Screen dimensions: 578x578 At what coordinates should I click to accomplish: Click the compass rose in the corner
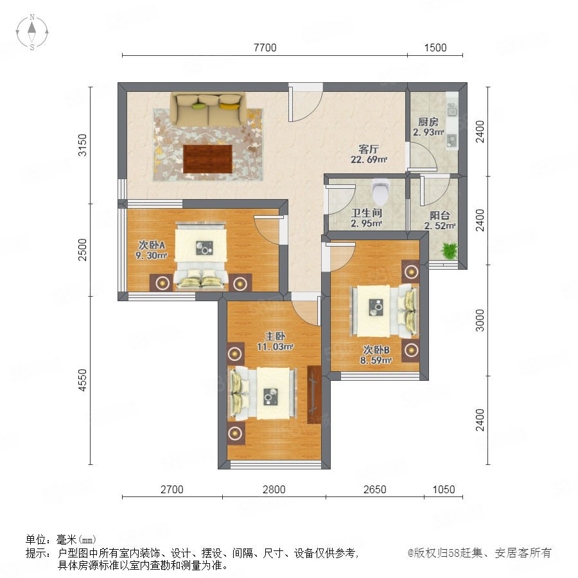point(32,31)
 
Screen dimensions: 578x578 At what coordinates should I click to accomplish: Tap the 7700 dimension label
point(265,48)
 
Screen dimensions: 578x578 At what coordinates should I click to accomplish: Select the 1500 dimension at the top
point(435,48)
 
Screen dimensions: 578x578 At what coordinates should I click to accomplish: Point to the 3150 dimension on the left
point(83,145)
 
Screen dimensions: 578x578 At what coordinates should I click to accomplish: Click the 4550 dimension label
point(83,380)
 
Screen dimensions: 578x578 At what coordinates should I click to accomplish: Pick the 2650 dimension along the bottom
point(375,489)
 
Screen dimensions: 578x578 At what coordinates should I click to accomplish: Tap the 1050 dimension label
point(443,489)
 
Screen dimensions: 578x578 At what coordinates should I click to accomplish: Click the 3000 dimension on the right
point(480,320)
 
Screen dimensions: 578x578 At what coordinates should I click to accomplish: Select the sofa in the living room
point(208,109)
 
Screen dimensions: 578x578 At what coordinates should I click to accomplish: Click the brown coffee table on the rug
point(208,159)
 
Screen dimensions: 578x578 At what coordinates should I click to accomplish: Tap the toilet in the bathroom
point(380,191)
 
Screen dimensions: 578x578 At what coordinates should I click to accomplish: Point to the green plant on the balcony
point(449,250)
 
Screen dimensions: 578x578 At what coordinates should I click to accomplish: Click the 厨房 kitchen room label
point(428,121)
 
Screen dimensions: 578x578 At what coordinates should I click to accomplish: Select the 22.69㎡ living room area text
point(369,160)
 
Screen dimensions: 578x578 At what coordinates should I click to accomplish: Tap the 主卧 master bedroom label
point(275,336)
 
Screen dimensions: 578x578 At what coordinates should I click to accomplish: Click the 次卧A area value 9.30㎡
point(152,255)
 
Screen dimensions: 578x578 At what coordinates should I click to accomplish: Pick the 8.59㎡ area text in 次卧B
point(376,360)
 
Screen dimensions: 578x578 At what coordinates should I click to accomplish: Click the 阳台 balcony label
point(440,215)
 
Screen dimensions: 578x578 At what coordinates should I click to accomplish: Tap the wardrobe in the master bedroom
point(315,394)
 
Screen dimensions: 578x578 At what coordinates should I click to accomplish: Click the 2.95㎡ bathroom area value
point(366,223)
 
